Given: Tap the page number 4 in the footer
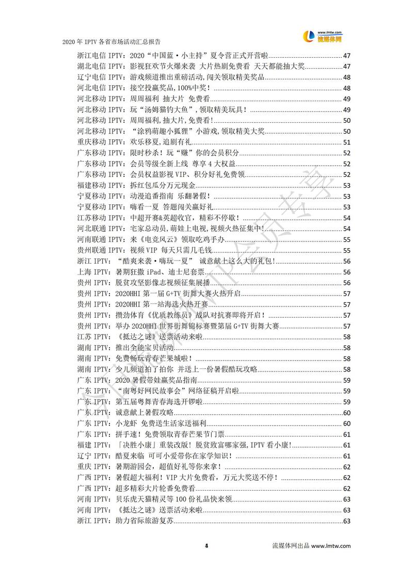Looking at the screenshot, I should click(x=206, y=545).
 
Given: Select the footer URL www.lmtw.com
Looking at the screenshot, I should click(x=331, y=545).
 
